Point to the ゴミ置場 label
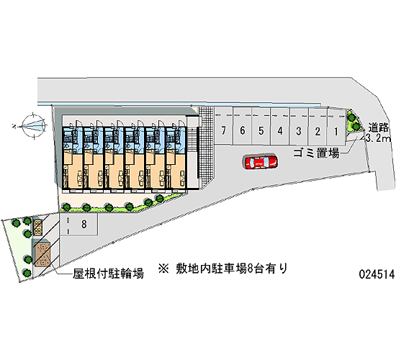tap(316, 153)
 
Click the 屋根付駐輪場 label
tap(109, 274)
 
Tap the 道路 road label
tap(379, 128)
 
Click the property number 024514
tap(377, 274)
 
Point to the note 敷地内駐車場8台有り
tap(232, 269)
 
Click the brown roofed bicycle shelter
tap(42, 254)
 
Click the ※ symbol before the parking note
tap(163, 269)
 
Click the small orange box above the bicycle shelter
tap(37, 227)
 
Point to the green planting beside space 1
tap(354, 122)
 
